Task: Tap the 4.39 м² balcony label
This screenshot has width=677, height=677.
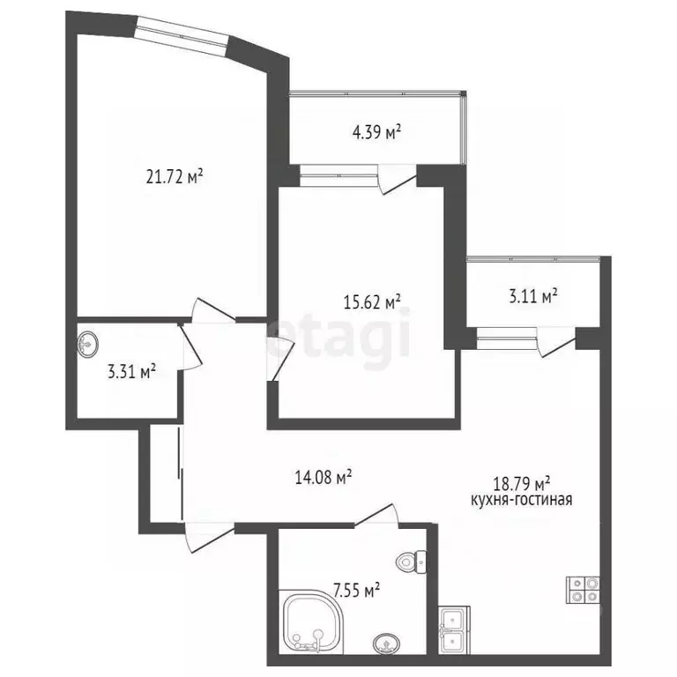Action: tap(376, 133)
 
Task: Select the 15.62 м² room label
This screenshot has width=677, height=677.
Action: tap(371, 301)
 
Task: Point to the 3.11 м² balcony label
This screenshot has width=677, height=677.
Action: tap(532, 297)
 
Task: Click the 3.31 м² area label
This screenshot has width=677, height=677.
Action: tap(131, 371)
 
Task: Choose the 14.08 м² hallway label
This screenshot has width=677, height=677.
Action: tap(324, 477)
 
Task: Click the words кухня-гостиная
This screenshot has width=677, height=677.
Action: tap(522, 500)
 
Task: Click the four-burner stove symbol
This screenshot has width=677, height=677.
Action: tap(584, 589)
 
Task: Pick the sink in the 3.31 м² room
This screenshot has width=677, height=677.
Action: tap(89, 343)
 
